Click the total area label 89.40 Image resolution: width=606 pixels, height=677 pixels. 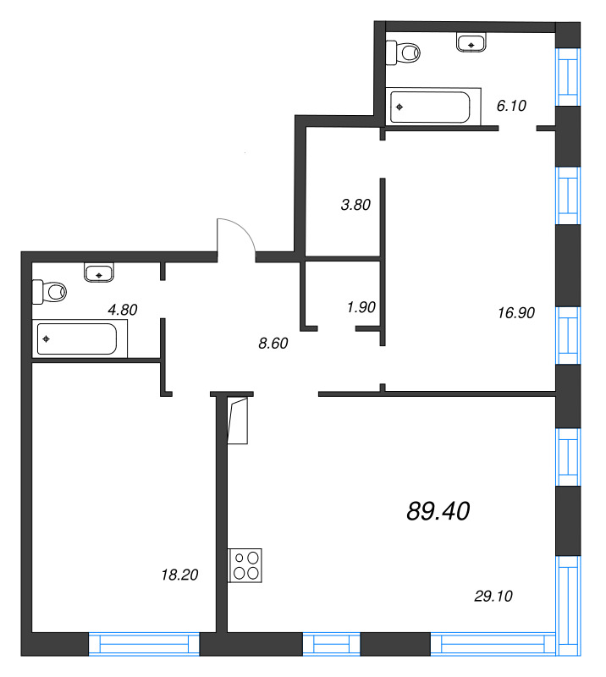tap(438, 510)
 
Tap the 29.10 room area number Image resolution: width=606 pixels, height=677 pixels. tap(493, 597)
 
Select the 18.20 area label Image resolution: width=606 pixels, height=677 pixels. tap(179, 575)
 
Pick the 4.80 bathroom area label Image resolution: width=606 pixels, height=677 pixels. tap(123, 310)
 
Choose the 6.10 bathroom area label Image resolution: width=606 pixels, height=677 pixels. tap(511, 106)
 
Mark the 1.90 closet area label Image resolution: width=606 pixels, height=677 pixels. tap(361, 307)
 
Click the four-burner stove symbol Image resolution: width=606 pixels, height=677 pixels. tap(245, 565)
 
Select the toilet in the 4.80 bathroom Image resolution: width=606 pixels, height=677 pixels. tap(49, 292)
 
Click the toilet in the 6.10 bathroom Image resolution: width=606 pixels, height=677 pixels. tap(403, 52)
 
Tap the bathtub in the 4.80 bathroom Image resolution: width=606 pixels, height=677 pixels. tap(77, 340)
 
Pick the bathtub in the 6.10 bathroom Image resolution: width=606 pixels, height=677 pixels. tap(429, 107)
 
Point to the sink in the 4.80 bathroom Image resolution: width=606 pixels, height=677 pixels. tap(100, 272)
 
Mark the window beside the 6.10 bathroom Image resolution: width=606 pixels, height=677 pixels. tap(567, 76)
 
